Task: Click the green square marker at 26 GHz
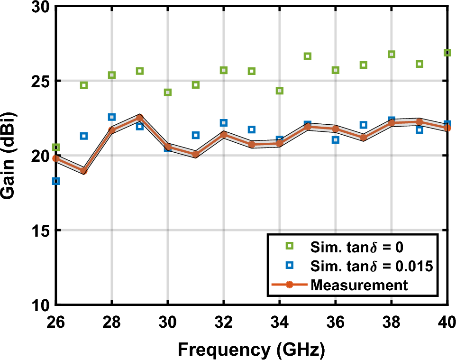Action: pos(56,148)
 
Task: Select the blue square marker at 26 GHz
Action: pos(56,181)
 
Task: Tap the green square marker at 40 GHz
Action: pos(447,53)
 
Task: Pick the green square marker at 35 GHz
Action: pos(308,56)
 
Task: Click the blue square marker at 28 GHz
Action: pos(112,117)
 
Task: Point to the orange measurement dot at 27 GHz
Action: pos(84,171)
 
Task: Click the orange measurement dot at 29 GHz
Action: pos(139,118)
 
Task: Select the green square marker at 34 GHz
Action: pos(280,91)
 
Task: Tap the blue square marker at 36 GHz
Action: pos(336,140)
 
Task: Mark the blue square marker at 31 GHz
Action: pos(195,136)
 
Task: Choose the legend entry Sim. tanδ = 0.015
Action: pos(372,266)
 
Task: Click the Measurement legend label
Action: pos(359,285)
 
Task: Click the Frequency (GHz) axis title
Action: pos(251,350)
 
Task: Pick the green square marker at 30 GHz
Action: pos(167,92)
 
